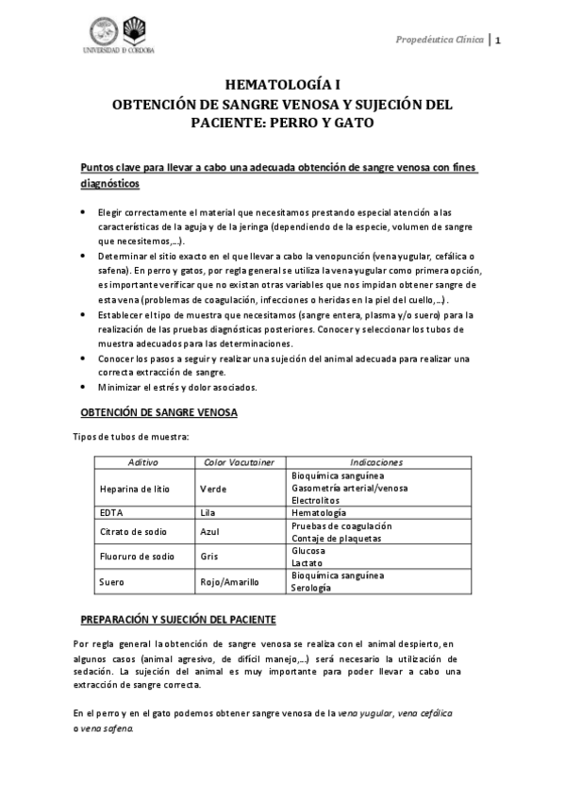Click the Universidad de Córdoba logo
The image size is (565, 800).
(x=123, y=36)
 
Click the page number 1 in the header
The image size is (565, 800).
(x=498, y=40)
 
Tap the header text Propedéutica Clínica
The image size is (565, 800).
(x=441, y=40)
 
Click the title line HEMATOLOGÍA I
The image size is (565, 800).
(x=282, y=84)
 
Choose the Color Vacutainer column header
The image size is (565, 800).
(x=239, y=462)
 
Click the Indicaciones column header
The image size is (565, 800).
(x=375, y=462)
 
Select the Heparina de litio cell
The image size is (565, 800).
(x=134, y=488)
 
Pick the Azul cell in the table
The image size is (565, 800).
(x=210, y=531)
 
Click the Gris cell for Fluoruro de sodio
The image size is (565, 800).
(x=209, y=556)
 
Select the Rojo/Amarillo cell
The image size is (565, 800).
(x=229, y=581)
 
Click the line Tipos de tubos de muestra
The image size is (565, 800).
(x=131, y=436)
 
